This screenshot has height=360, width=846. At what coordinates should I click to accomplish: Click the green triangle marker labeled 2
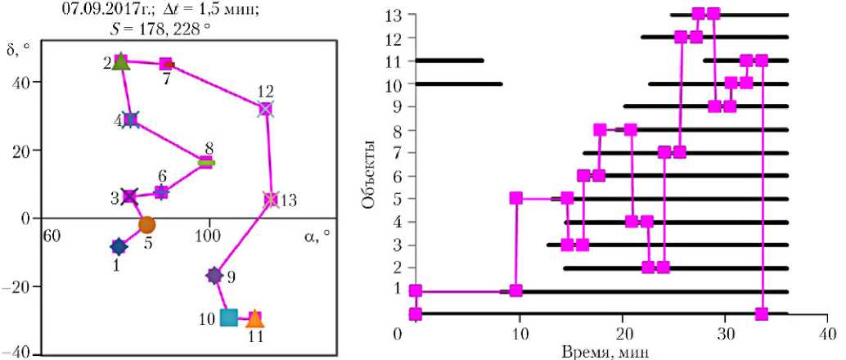tap(120, 61)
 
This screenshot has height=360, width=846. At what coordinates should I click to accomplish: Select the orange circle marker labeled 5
tap(146, 224)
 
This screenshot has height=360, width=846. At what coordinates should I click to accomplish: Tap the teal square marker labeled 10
tap(229, 317)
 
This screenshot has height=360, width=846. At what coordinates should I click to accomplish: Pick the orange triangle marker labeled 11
tap(255, 318)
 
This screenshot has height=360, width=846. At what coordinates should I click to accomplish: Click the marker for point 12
tap(265, 108)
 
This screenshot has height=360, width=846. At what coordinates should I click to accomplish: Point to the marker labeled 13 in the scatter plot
tap(271, 200)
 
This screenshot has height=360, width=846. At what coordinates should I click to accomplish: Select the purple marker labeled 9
tap(214, 276)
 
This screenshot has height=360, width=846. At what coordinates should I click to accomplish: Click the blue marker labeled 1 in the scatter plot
tap(119, 246)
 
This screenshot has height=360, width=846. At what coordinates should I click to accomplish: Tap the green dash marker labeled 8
tap(207, 163)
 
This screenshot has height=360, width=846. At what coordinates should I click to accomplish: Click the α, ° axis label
tap(316, 235)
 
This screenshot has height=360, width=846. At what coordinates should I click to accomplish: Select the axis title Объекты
tap(371, 173)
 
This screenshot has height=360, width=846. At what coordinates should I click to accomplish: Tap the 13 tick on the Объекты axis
tap(395, 15)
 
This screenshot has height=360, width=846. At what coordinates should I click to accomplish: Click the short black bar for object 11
tap(449, 60)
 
